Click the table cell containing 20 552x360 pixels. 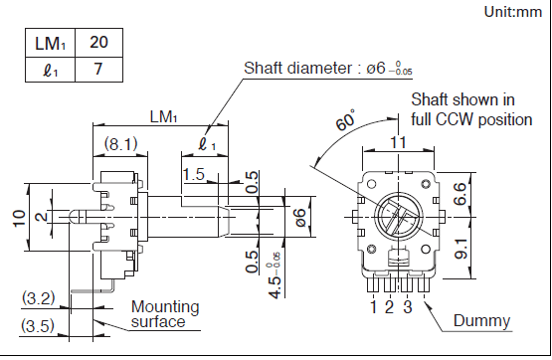pyautogui.click(x=98, y=43)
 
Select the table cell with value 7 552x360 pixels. pyautogui.click(x=98, y=70)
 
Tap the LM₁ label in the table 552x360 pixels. pyautogui.click(x=50, y=44)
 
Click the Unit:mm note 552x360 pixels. pyautogui.click(x=513, y=12)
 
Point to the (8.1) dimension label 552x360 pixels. pyautogui.click(x=120, y=143)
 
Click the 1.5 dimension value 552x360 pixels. pyautogui.click(x=194, y=174)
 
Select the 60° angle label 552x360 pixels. pyautogui.click(x=345, y=119)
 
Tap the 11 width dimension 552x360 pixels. pyautogui.click(x=398, y=142)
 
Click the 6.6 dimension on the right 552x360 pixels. pyautogui.click(x=460, y=194)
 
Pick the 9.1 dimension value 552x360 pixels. pyautogui.click(x=460, y=249)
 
